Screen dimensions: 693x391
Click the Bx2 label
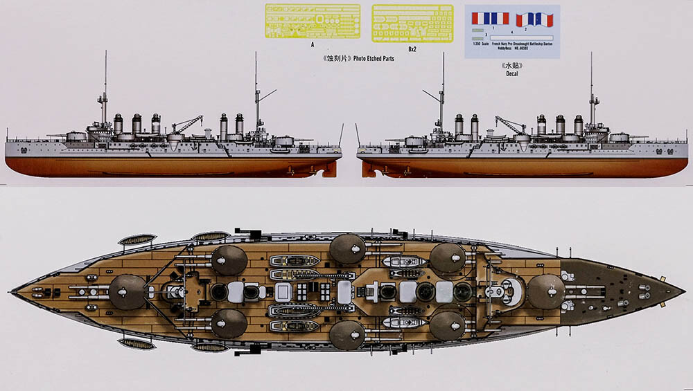[x=412, y=48]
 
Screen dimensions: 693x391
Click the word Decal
[x=513, y=73]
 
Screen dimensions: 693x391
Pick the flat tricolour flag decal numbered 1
[x=490, y=19]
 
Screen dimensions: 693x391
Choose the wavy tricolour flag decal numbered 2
[x=534, y=19]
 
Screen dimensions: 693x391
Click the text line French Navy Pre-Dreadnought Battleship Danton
[x=522, y=43]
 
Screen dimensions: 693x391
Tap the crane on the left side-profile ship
[x=185, y=125]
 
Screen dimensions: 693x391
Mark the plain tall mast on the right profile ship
[x=592, y=87]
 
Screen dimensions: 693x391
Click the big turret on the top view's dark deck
[x=546, y=291]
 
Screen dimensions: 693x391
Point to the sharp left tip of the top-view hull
[x=13, y=290]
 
